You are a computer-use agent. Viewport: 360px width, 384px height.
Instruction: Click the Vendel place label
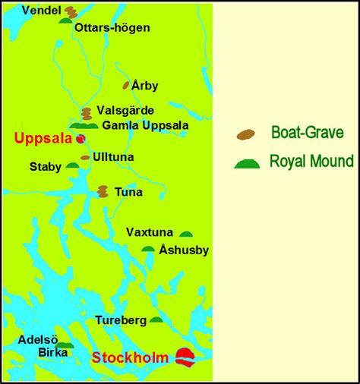tap(41, 10)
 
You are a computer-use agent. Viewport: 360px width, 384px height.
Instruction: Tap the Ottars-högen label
tap(112, 27)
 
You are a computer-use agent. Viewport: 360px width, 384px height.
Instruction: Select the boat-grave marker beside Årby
tap(126, 86)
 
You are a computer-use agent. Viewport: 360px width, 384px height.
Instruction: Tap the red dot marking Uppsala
tap(79, 139)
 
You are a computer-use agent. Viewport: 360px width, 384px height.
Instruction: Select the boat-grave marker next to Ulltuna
tap(85, 157)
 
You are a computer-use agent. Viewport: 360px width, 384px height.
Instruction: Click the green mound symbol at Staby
tap(72, 165)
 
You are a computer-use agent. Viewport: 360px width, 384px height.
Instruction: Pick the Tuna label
tap(128, 192)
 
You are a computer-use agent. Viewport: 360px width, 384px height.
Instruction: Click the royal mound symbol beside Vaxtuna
tap(185, 234)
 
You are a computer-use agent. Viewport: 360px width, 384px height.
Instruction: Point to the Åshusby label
tap(185, 250)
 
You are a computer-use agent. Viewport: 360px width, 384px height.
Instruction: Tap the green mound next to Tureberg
tap(156, 319)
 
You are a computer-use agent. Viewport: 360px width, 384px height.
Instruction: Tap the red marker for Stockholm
tap(185, 355)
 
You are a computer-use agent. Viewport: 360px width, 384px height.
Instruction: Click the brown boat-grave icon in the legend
tap(245, 134)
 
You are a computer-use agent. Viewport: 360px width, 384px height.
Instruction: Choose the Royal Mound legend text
tap(311, 162)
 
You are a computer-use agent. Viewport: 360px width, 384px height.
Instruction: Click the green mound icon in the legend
tap(246, 163)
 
